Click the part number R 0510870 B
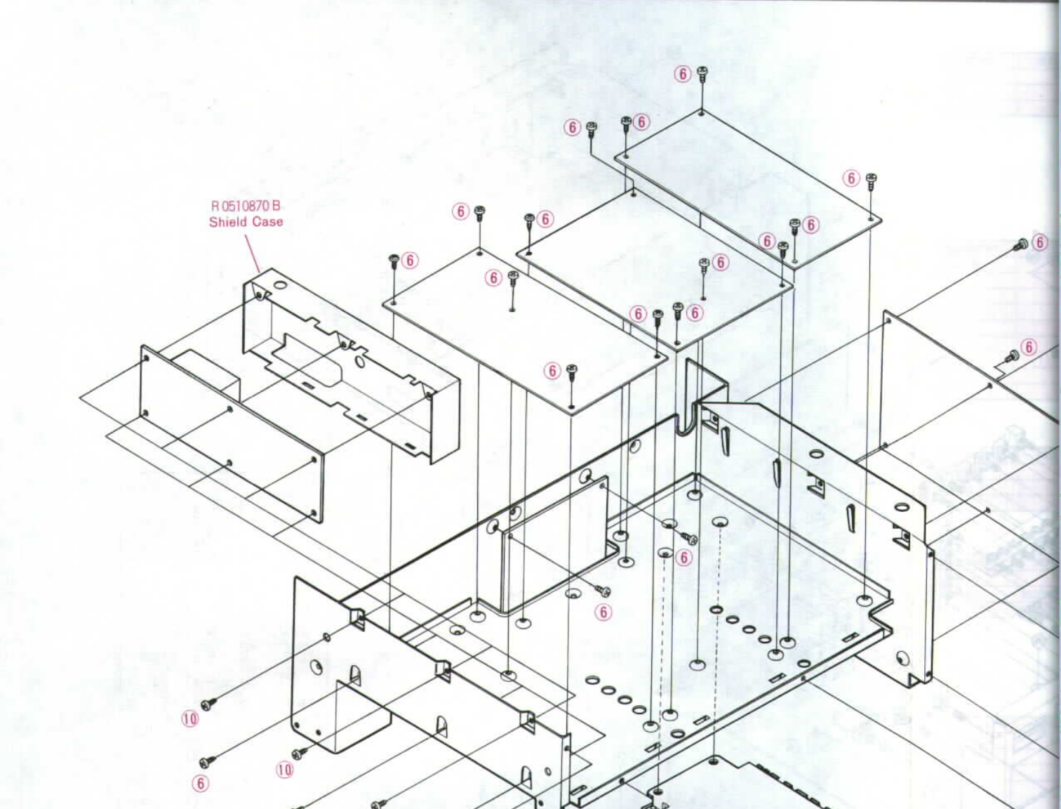[x=246, y=206]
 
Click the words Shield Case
[x=246, y=222]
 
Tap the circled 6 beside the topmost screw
[x=683, y=74]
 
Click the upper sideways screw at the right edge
[x=1022, y=244]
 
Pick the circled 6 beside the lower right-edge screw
[x=1029, y=347]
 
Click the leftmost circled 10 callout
[x=190, y=718]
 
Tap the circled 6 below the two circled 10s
[x=201, y=783]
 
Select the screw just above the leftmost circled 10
[x=207, y=704]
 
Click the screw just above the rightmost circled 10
[x=299, y=754]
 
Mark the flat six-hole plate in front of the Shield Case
[x=232, y=435]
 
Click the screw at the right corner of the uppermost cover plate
[x=871, y=180]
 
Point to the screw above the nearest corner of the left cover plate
[x=572, y=370]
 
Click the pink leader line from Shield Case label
[x=252, y=252]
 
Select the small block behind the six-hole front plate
[x=207, y=376]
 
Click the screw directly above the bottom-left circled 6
[x=205, y=762]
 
